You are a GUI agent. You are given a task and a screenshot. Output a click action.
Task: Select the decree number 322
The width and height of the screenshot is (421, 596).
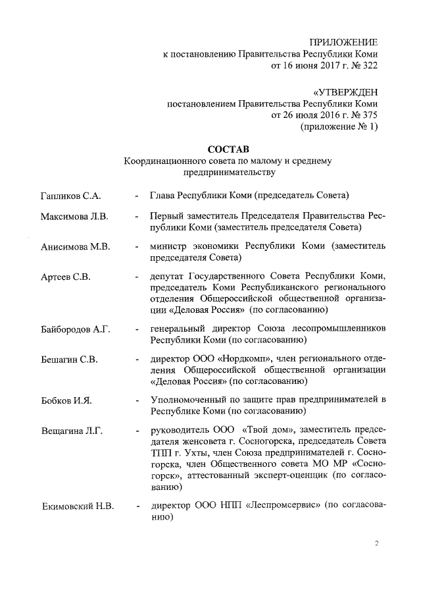pos(370,67)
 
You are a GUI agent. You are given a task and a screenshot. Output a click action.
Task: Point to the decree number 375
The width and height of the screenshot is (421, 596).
pos(370,115)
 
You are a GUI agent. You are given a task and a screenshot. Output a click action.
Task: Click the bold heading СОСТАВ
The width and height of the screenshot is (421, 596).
pos(229,149)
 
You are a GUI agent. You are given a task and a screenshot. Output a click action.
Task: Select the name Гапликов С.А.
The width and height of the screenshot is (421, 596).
pos(69,196)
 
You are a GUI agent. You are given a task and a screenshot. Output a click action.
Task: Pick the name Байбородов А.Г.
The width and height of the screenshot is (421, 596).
pos(76,329)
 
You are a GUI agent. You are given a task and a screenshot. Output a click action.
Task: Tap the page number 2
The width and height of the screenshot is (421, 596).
pos(377,543)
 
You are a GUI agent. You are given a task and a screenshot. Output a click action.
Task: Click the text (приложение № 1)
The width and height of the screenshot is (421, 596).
pos(339,127)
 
